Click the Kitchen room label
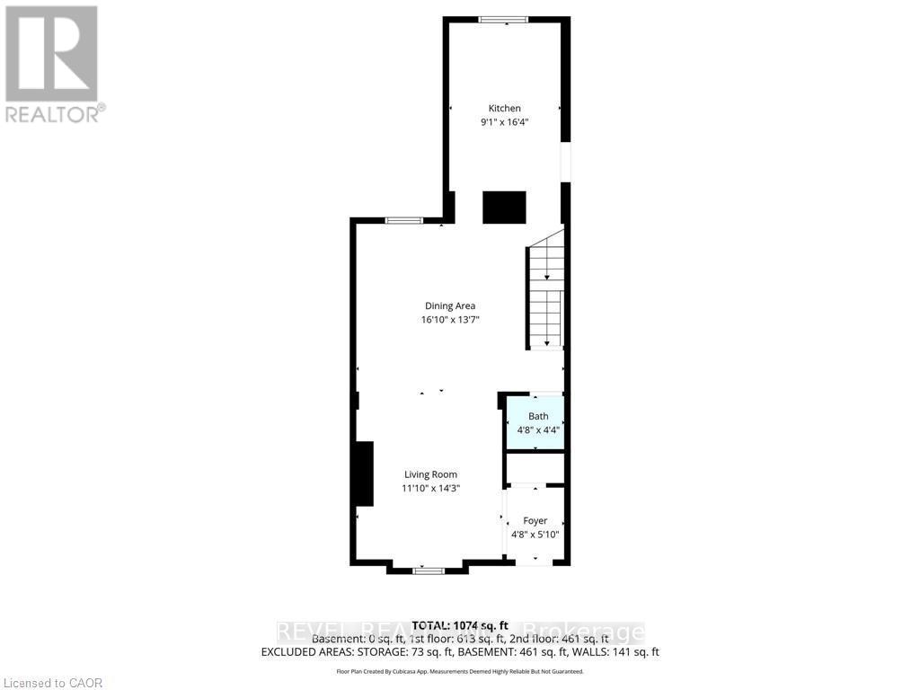504,109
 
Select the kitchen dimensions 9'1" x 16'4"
504,123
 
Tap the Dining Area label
450,305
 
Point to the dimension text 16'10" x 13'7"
450,320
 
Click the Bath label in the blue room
538,416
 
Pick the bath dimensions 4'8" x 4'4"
538,430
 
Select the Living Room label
430,474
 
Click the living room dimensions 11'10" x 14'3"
430,489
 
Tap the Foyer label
535,520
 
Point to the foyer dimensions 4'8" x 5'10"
535,535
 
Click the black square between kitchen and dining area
504,208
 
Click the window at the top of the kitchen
503,20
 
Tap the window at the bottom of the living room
429,570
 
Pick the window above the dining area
404,220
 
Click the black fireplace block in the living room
363,473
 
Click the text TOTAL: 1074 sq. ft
459,625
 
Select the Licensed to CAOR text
53,683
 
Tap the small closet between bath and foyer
535,468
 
